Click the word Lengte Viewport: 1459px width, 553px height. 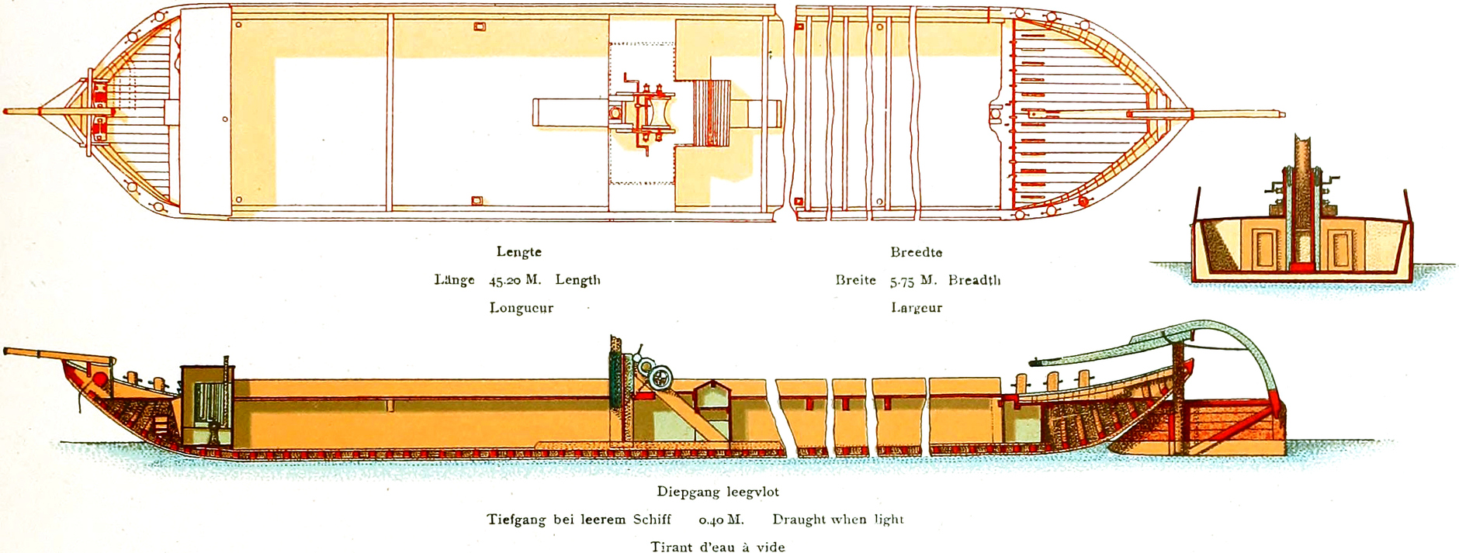pyautogui.click(x=518, y=252)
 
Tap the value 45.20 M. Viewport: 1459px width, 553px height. pyautogui.click(x=515, y=280)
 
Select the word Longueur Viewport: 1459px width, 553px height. pyautogui.click(x=521, y=308)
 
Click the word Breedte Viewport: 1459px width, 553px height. pyautogui.click(x=916, y=252)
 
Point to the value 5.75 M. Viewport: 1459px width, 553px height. pyautogui.click(x=913, y=280)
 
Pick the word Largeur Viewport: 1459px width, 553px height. pyautogui.click(x=916, y=308)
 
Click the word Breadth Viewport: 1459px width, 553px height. pyautogui.click(x=974, y=280)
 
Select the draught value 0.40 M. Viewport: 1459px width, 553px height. pyautogui.click(x=721, y=520)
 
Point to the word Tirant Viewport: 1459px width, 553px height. pyautogui.click(x=672, y=547)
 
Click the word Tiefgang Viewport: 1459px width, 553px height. pyautogui.click(x=516, y=520)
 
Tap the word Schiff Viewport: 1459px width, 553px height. pyautogui.click(x=652, y=520)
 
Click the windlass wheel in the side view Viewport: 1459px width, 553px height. pyautogui.click(x=661, y=378)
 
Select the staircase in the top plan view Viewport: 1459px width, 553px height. pyautogui.click(x=712, y=113)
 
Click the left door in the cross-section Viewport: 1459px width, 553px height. pyautogui.click(x=1264, y=249)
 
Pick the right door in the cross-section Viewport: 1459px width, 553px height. pyautogui.click(x=1340, y=249)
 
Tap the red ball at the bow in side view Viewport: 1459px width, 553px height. pyautogui.click(x=100, y=380)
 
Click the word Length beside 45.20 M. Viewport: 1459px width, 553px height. pyautogui.click(x=577, y=280)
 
